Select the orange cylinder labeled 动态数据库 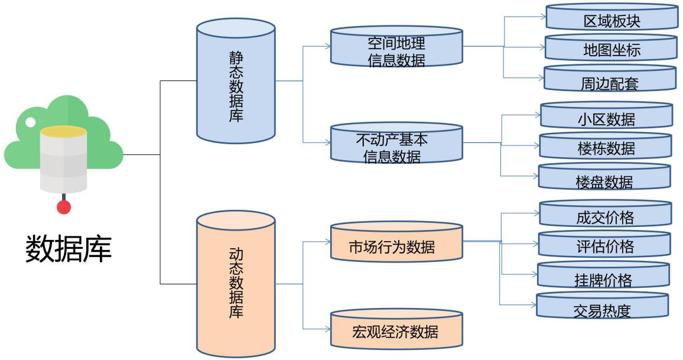tap(236, 284)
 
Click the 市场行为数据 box tap(396, 247)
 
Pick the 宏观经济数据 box tap(396, 331)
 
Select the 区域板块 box tap(610, 21)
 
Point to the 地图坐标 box tap(610, 50)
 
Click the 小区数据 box tap(606, 119)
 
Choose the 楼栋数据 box tap(606, 148)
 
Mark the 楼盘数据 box tap(604, 181)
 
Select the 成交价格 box tap(605, 217)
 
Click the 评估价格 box tap(604, 246)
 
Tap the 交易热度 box tap(602, 310)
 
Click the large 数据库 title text tap(68, 249)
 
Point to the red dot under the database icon tap(64, 207)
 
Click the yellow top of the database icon tap(63, 132)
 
